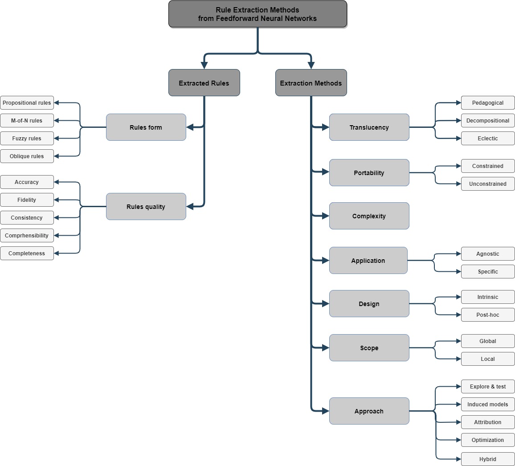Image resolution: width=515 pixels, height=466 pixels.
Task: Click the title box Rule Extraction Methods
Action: [257, 14]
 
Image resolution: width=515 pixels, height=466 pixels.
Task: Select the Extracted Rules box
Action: [204, 83]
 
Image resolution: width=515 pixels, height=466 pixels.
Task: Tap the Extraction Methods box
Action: [311, 83]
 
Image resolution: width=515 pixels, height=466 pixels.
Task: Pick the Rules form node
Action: [146, 127]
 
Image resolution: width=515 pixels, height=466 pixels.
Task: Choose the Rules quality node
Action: [146, 207]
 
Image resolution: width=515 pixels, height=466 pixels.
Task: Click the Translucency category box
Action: [369, 127]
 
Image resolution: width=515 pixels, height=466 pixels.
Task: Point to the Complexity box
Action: [369, 216]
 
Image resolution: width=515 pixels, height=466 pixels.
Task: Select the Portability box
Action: [369, 173]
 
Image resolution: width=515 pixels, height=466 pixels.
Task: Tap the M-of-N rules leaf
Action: [27, 121]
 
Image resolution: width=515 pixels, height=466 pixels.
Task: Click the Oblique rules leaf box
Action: [27, 156]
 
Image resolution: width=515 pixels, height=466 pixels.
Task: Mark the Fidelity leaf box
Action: [27, 200]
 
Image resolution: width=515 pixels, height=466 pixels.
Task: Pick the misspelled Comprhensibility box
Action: [27, 236]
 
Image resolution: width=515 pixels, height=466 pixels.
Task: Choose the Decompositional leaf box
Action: [488, 121]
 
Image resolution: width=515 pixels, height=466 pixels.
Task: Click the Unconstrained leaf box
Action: [488, 184]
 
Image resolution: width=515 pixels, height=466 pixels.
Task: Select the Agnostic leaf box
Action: [488, 254]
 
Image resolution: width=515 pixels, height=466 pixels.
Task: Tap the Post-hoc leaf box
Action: [488, 315]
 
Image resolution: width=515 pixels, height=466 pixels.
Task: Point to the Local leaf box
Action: [488, 359]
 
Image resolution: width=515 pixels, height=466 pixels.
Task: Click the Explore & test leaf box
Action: [488, 387]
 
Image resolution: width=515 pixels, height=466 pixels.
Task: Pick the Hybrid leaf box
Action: [488, 459]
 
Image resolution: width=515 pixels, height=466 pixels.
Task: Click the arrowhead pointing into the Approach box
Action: [326, 411]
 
